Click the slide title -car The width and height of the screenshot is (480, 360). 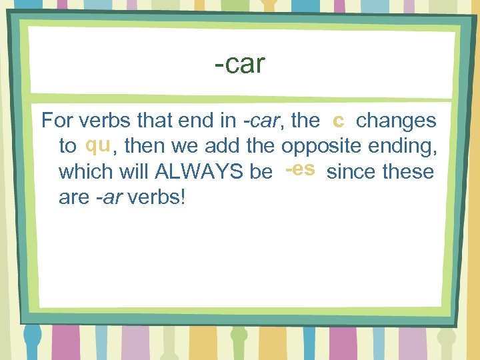240,65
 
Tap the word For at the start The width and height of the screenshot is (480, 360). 57,121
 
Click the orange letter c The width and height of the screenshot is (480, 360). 339,120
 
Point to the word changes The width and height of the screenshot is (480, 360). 397,121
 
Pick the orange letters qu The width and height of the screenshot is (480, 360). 97,145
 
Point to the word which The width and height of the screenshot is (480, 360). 85,172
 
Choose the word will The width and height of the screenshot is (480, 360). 133,172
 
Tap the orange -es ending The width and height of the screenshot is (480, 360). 300,169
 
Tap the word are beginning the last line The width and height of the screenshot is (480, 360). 73,198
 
